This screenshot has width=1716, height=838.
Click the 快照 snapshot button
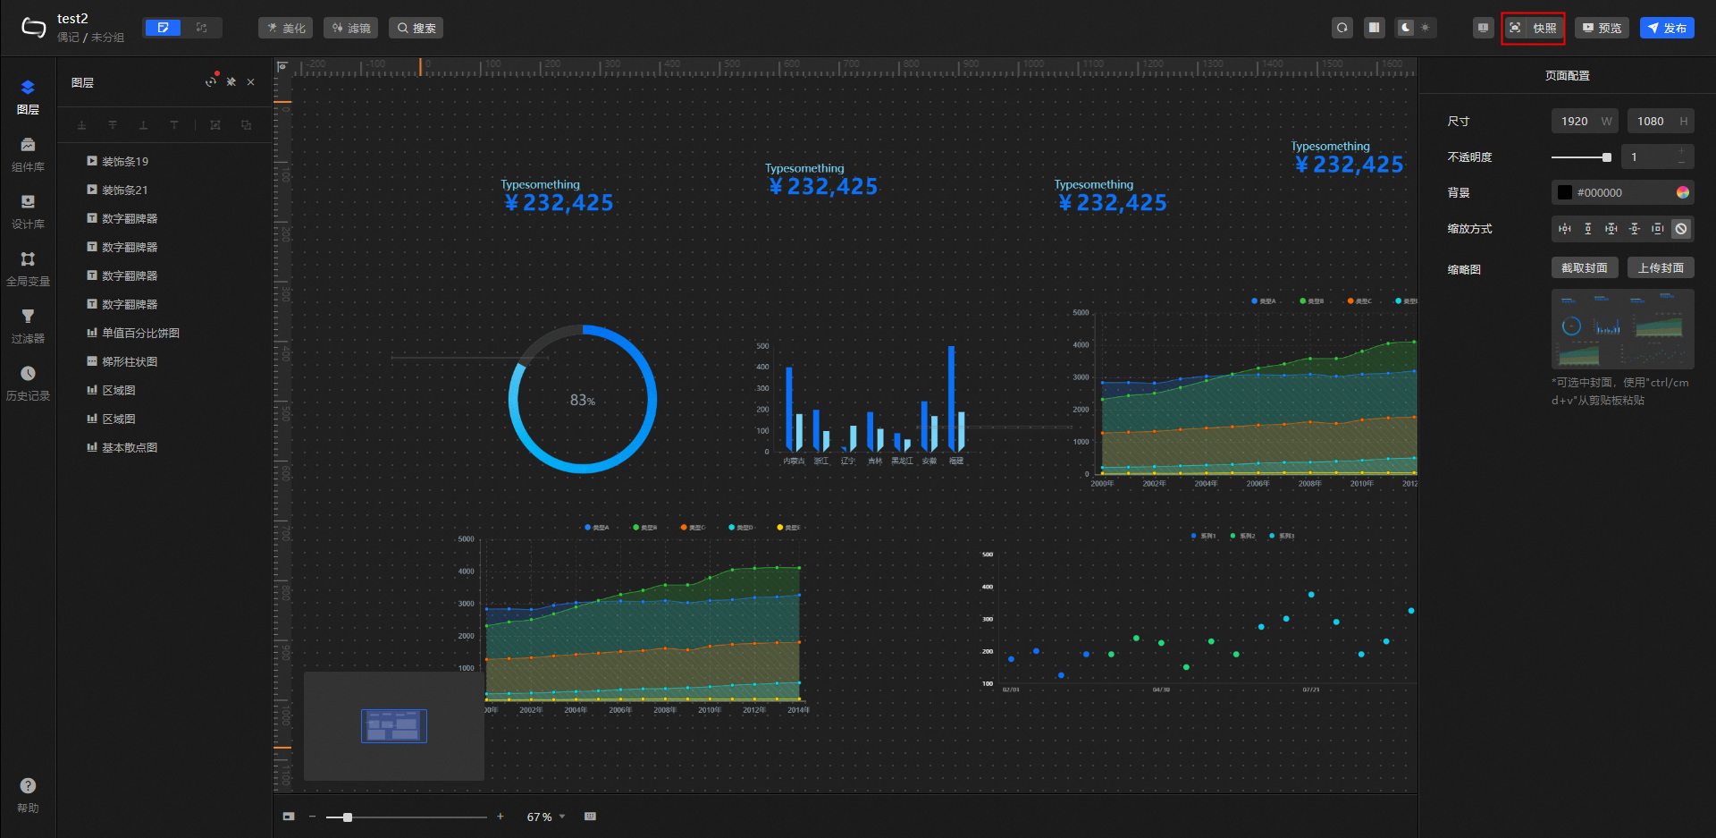click(1534, 28)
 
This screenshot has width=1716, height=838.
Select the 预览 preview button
click(1602, 28)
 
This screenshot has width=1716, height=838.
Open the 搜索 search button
click(416, 28)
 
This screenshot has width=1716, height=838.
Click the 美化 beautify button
click(285, 28)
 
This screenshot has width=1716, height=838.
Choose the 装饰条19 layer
click(125, 162)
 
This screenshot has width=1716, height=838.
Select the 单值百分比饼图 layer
click(140, 334)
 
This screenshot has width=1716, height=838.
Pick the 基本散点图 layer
click(130, 448)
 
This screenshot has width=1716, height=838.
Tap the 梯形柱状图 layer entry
click(130, 362)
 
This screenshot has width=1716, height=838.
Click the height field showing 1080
click(1651, 122)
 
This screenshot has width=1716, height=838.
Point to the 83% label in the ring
click(583, 401)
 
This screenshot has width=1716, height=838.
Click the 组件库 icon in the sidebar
click(28, 154)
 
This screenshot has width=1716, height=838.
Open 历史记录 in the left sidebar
click(28, 383)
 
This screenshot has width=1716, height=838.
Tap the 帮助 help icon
click(28, 794)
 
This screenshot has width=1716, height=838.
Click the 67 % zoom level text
click(539, 817)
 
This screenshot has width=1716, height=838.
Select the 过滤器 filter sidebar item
click(28, 326)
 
